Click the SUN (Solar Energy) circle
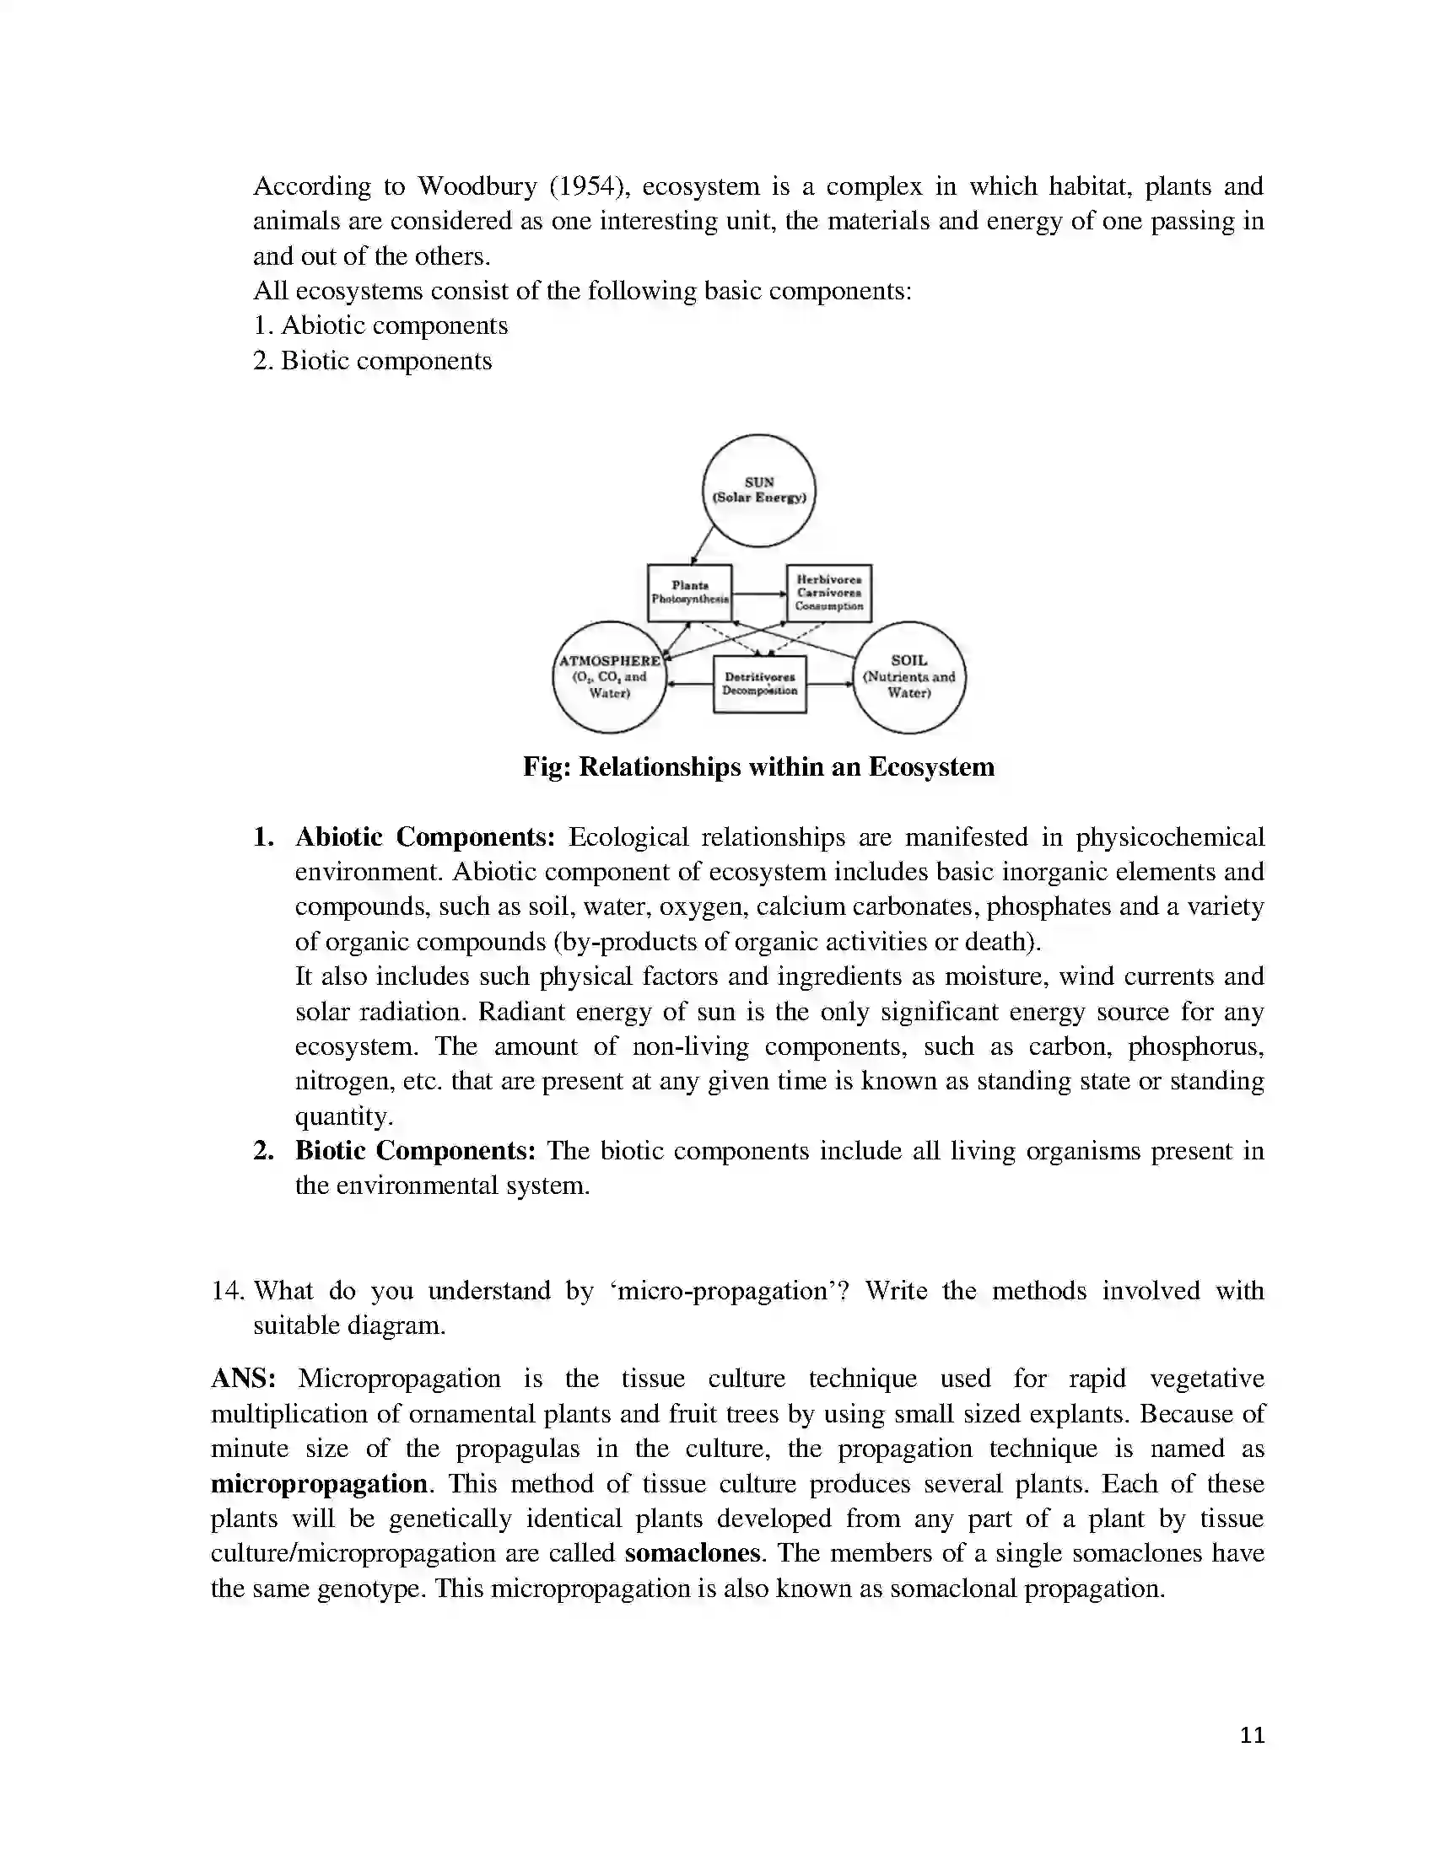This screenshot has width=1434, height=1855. point(758,490)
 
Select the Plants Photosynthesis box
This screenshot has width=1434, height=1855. point(690,592)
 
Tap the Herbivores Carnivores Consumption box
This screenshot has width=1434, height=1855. point(828,592)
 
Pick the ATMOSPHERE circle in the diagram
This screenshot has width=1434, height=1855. point(609,677)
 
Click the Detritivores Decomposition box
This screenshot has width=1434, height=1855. point(759,684)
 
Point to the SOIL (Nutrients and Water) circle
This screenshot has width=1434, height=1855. point(909,677)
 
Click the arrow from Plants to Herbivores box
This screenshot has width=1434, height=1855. point(758,594)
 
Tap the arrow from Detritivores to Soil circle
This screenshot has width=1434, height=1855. point(829,684)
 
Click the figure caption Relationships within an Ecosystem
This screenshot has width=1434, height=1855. point(758,767)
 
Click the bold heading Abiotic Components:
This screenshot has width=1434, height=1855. point(425,837)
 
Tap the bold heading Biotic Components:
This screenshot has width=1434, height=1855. point(415,1151)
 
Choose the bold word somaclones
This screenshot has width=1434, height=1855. point(693,1553)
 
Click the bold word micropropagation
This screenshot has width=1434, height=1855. point(320,1484)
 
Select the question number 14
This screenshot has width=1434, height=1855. point(227,1291)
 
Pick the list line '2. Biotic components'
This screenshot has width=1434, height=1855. point(372,361)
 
